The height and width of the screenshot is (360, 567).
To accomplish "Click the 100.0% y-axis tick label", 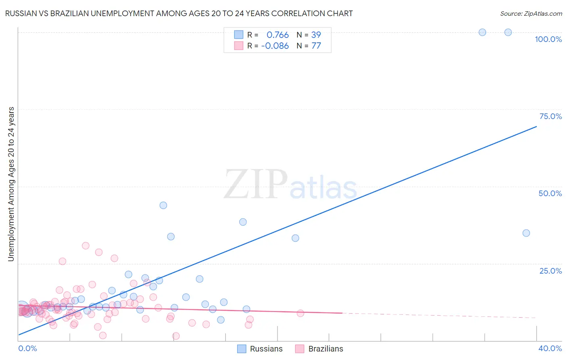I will pos(548,39).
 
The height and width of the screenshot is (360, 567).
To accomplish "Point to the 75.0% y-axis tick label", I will pos(550,116).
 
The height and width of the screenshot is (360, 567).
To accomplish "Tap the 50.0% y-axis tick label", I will pos(550,193).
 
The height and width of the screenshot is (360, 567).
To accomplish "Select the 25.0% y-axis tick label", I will pos(550,271).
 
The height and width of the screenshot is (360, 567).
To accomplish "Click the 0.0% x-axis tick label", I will pos(27,348).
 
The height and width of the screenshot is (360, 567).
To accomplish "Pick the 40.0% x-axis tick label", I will pos(550,348).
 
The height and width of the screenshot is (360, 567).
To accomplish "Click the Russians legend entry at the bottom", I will pos(266,349).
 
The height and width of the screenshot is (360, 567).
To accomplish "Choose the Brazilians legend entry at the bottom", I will pos(325,349).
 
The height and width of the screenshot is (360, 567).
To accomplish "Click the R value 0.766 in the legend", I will pos(277,35).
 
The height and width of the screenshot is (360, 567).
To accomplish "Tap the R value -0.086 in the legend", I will pos(275,46).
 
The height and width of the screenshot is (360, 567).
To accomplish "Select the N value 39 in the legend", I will pos(316,35).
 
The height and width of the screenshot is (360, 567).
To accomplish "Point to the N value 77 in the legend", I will pos(316,46).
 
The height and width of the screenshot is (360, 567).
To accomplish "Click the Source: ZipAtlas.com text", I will pos(531,14).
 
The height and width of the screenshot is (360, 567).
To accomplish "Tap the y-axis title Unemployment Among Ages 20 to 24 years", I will pos(11,184).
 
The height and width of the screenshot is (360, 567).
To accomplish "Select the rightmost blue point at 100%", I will pos(508,32).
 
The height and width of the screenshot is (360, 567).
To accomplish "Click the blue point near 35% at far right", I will pos(526,233).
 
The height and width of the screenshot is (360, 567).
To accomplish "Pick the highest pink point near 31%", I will pos(85,245).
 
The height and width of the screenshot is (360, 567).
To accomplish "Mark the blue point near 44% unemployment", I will pos(163,205).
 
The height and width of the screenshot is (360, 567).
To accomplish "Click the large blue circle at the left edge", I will pos(22,308).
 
